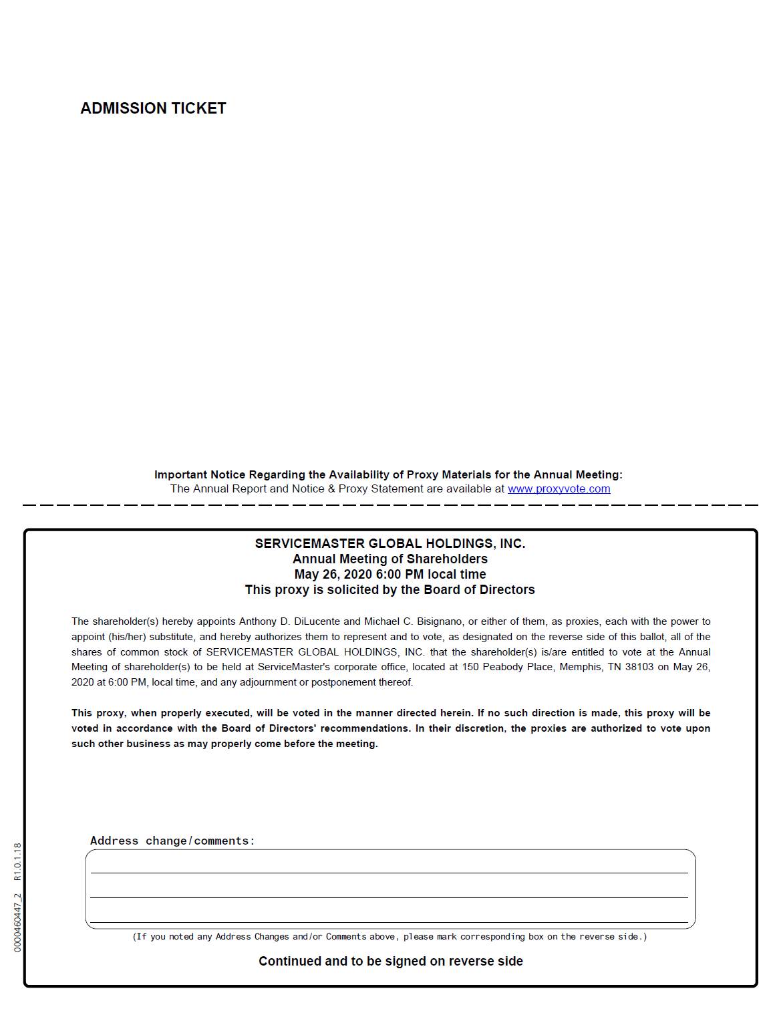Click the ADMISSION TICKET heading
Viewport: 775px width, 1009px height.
153,108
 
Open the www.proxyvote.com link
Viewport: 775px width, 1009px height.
559,488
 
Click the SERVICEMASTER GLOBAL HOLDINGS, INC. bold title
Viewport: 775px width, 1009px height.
390,543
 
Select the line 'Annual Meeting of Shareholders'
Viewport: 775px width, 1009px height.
390,559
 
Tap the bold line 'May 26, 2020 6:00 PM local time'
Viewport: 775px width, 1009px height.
390,574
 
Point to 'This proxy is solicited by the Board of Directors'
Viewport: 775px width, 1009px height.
390,589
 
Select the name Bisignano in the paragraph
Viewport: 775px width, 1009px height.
440,621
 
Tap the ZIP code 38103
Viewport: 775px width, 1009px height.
639,667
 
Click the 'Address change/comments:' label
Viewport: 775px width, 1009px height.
172,841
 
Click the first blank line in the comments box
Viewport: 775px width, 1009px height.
390,867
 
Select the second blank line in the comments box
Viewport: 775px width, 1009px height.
390,891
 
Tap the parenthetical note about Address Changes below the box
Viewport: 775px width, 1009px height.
390,937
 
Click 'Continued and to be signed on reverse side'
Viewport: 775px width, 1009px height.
390,961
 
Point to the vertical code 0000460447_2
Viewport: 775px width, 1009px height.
17,922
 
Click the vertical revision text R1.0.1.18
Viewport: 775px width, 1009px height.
17,862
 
